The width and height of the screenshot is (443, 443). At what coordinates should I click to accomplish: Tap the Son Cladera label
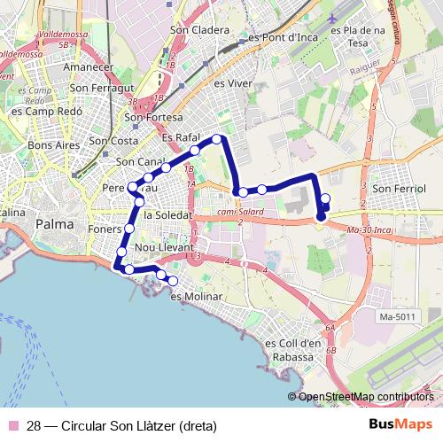pos(199,30)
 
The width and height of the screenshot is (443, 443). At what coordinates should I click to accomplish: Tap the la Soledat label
pos(167,214)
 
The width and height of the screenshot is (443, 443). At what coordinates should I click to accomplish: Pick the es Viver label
pos(234,82)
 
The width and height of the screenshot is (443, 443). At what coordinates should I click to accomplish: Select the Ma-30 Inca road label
pos(370,230)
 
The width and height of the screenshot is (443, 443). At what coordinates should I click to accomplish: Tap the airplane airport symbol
pos(331,18)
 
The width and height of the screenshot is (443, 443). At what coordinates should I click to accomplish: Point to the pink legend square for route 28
pos(12,425)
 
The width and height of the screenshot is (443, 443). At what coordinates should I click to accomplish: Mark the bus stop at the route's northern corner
pos(217,138)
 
